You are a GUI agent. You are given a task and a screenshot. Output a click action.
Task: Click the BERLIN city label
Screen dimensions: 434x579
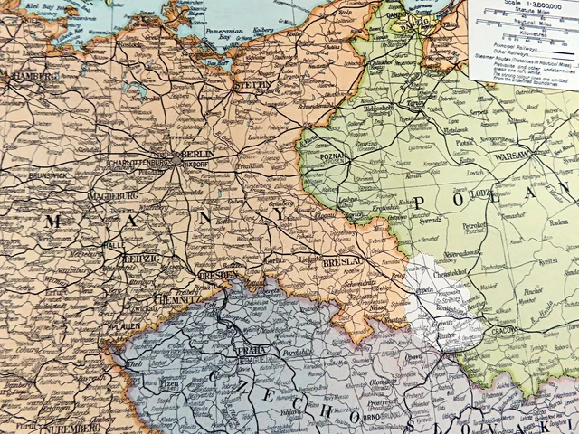point(196,155)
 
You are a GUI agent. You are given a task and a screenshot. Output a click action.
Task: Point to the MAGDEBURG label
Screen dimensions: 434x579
point(113,195)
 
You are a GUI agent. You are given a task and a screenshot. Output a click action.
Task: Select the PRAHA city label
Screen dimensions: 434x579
point(249,349)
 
